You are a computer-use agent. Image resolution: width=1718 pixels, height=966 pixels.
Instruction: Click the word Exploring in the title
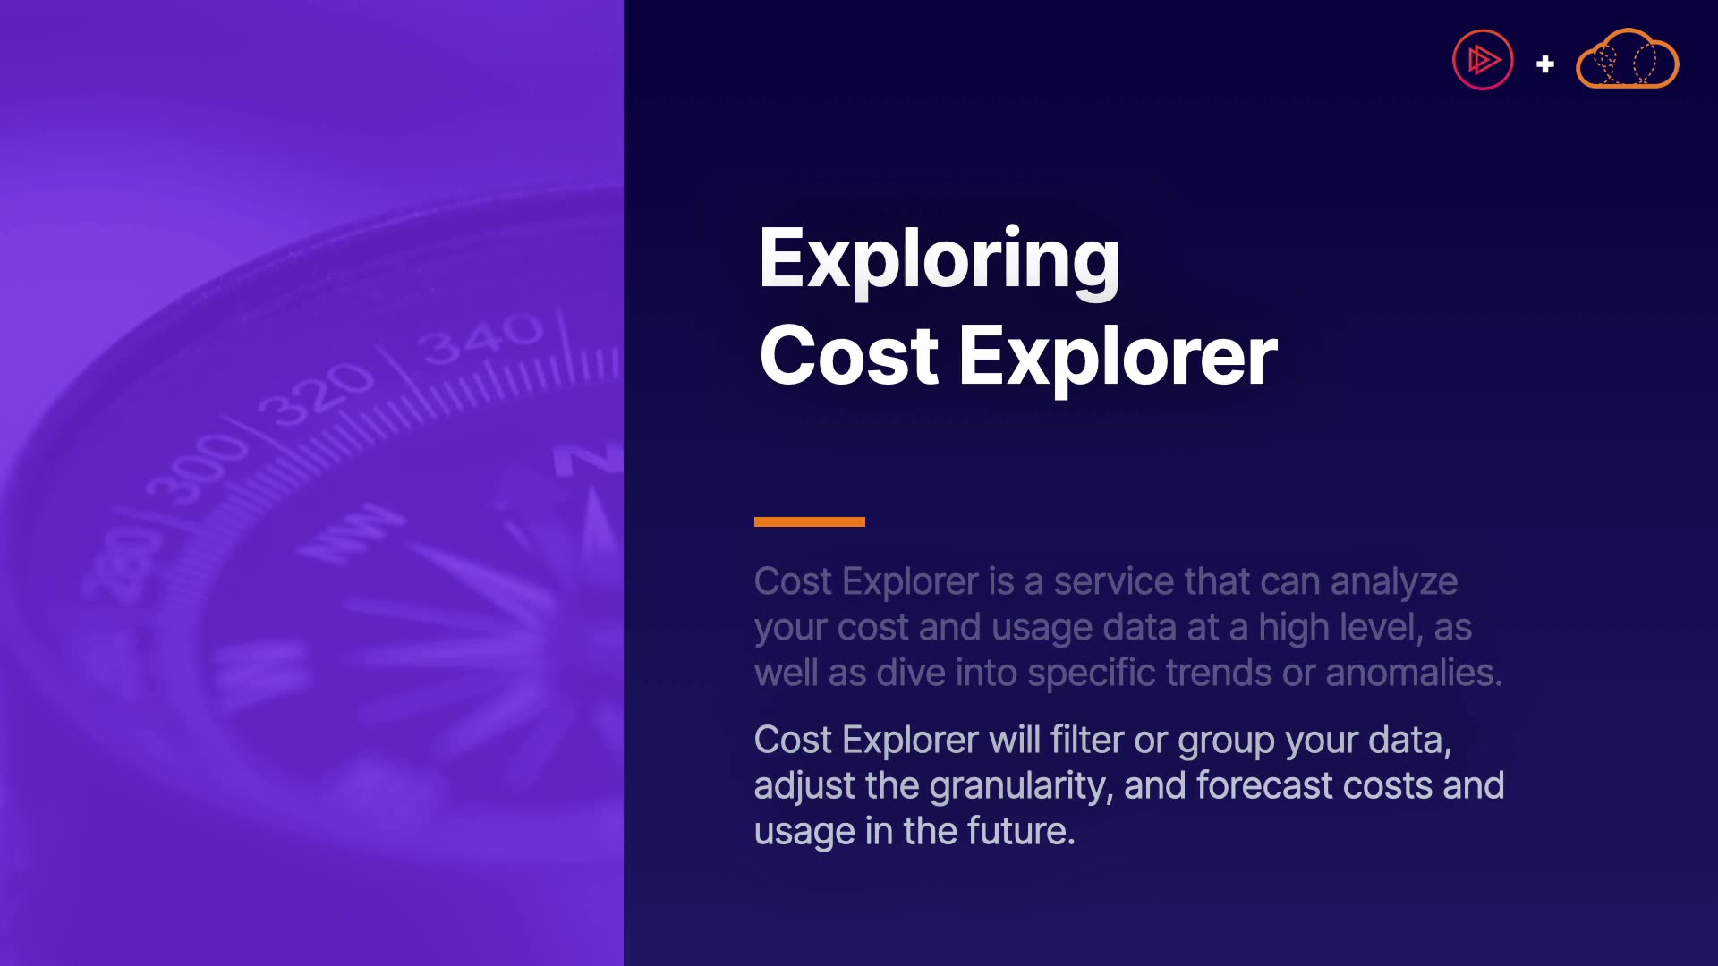click(x=939, y=261)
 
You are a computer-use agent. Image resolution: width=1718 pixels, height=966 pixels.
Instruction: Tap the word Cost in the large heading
click(x=848, y=356)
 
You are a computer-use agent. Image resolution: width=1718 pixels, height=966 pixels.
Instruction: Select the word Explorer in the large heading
click(x=1118, y=360)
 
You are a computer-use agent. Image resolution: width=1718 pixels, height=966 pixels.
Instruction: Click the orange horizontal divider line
click(x=810, y=521)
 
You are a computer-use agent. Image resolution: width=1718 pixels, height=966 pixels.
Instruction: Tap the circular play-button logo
click(x=1483, y=60)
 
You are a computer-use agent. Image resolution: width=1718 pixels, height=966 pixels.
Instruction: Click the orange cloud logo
click(x=1627, y=59)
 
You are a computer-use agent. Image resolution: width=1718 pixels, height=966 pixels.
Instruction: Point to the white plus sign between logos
click(x=1545, y=64)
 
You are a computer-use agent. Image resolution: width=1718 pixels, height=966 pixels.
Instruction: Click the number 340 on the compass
click(x=484, y=338)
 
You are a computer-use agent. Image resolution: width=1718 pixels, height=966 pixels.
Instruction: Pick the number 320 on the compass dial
click(x=317, y=394)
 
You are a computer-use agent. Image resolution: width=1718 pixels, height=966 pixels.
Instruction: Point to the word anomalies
click(x=1414, y=673)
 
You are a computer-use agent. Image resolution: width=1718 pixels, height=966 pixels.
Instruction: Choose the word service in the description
click(x=1114, y=581)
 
